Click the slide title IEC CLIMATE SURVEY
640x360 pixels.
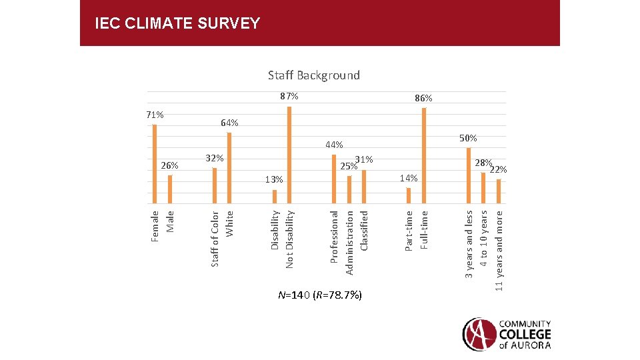(177, 24)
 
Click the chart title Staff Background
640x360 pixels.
(314, 75)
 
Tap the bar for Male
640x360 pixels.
(170, 189)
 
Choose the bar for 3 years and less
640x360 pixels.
(469, 175)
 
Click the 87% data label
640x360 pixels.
(289, 97)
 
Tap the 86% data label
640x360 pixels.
(423, 98)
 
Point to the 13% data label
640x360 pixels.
(273, 179)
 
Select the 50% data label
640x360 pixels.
(468, 137)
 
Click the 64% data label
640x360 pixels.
(229, 123)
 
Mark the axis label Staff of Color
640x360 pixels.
(215, 239)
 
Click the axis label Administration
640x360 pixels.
(349, 242)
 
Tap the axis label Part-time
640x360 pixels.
(409, 231)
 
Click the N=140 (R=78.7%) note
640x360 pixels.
(320, 295)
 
